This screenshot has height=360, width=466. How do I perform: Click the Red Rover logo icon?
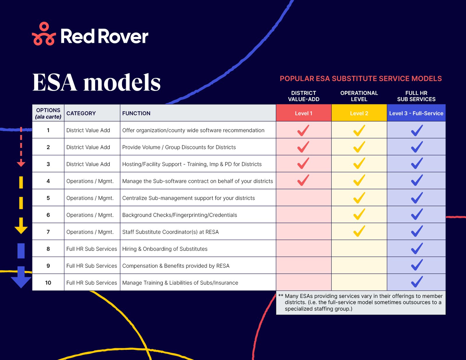(44, 34)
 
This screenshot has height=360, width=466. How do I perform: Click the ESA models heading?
(96, 82)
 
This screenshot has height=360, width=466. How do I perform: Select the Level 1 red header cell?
(303, 113)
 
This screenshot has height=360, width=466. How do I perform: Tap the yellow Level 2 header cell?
(359, 113)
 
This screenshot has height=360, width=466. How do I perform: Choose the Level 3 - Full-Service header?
(416, 113)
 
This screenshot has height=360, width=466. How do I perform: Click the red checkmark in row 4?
(303, 180)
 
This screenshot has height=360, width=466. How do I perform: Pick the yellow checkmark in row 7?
(359, 231)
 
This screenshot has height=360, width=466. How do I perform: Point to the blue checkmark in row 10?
(417, 282)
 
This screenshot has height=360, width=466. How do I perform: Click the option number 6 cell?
(48, 215)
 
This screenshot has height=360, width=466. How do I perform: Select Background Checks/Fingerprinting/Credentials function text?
(179, 215)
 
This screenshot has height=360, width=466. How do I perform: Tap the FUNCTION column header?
(136, 113)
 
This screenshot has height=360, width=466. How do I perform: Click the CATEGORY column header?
(81, 113)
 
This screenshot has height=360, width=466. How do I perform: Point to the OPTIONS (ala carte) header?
(48, 113)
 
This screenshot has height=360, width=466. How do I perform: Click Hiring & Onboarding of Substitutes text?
(165, 249)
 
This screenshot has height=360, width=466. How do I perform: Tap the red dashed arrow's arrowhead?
(21, 164)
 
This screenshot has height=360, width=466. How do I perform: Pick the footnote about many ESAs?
(361, 302)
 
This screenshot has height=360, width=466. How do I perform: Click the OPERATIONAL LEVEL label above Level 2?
(359, 96)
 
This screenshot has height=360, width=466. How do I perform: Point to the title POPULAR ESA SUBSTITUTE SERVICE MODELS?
(361, 79)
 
